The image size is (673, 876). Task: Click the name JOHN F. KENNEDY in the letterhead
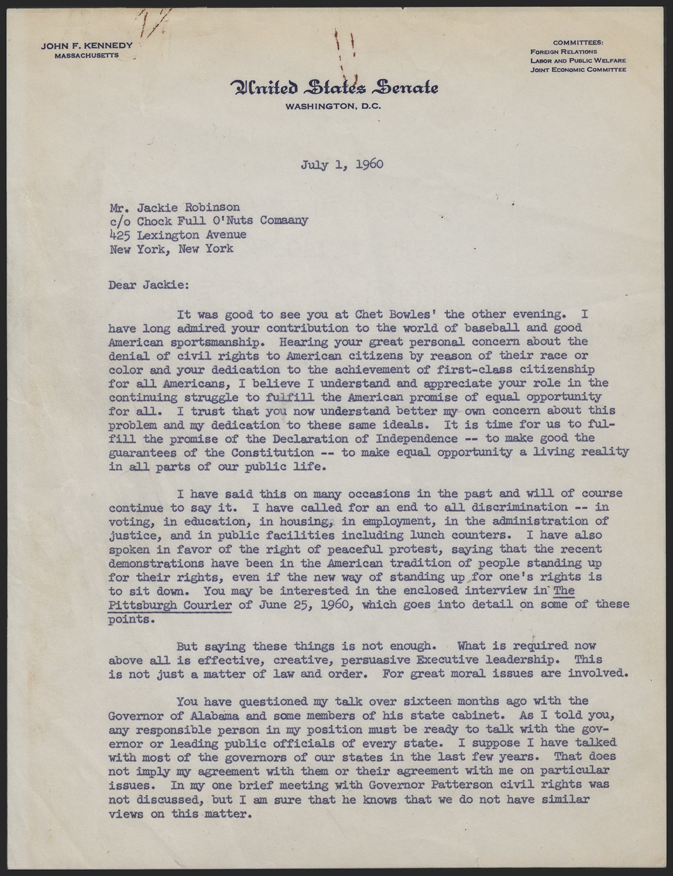click(87, 46)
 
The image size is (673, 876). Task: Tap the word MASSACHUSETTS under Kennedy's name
click(87, 56)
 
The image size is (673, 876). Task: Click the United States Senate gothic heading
click(334, 87)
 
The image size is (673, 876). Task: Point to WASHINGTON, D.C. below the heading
click(333, 107)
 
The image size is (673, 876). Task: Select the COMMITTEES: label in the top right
click(578, 43)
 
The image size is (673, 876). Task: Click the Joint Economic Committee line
click(578, 69)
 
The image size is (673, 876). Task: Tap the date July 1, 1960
click(342, 165)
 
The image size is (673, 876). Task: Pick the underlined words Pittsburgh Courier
click(170, 605)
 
